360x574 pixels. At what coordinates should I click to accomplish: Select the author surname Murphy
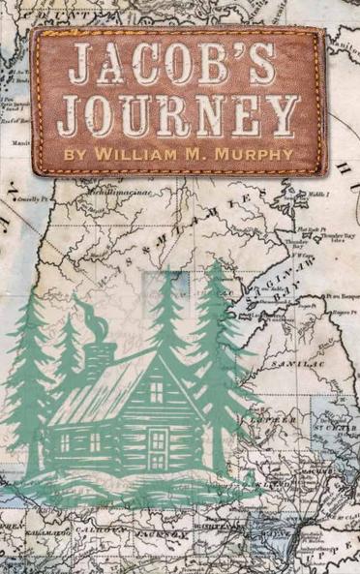point(254,153)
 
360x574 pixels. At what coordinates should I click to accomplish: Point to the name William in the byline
point(141,153)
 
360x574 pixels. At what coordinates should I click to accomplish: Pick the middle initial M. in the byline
point(198,153)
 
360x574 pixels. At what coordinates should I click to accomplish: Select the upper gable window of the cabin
point(158,391)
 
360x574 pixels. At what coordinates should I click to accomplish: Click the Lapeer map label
point(259,423)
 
